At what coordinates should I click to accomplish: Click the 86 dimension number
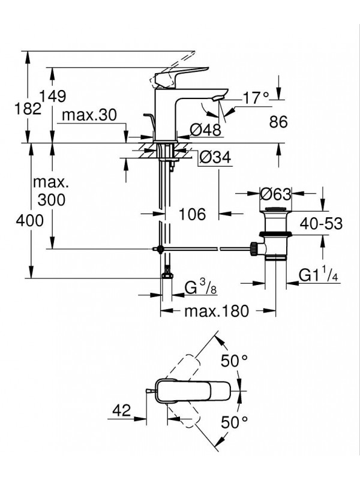[x=279, y=122]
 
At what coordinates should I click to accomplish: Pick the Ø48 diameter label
[x=205, y=130]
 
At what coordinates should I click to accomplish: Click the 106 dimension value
[x=193, y=214]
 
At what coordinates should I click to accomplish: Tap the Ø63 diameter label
[x=275, y=194]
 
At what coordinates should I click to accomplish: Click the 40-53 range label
[x=322, y=224]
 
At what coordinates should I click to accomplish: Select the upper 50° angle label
[x=235, y=361]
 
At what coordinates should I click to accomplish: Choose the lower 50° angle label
[x=235, y=422]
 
